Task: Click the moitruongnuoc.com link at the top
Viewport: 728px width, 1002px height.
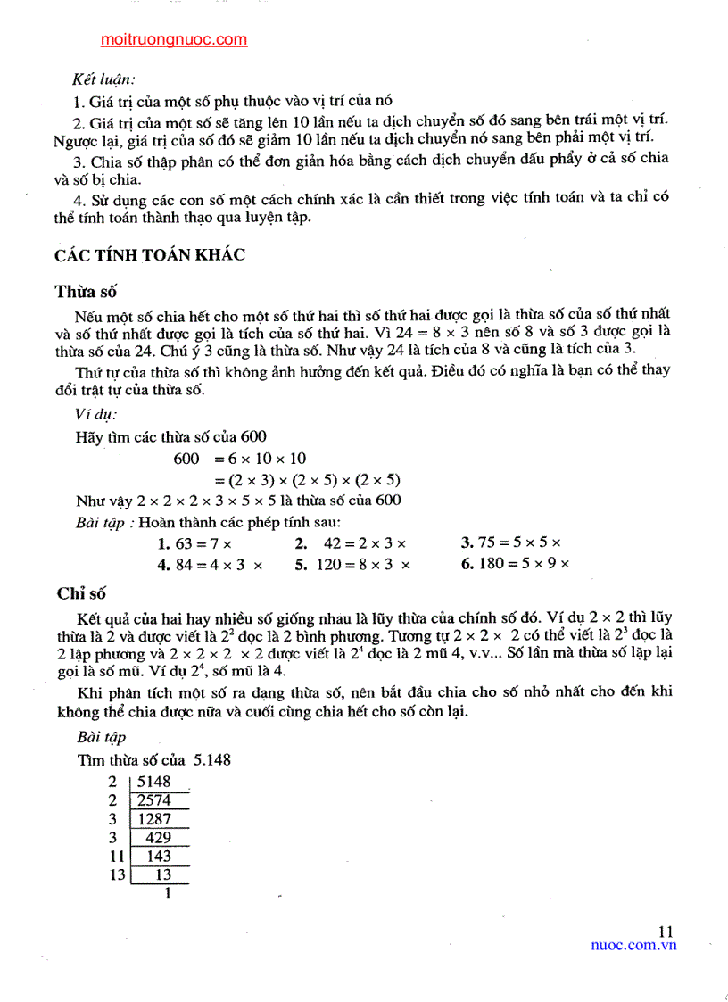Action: point(174,39)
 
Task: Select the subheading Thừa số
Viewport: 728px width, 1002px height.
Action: point(86,291)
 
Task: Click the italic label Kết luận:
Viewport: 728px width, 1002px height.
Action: point(104,80)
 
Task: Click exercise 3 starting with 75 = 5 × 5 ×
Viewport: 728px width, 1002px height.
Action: point(511,542)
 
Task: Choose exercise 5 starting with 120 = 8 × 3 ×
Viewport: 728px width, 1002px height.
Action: point(352,565)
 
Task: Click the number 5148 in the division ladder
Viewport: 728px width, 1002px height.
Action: point(153,782)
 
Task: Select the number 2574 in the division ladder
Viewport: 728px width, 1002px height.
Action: point(153,800)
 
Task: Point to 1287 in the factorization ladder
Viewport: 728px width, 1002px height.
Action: point(153,819)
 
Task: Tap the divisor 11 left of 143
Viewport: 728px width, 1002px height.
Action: point(113,857)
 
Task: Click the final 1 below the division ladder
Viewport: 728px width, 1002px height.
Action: point(167,893)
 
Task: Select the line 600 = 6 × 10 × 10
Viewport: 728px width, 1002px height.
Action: point(240,458)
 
